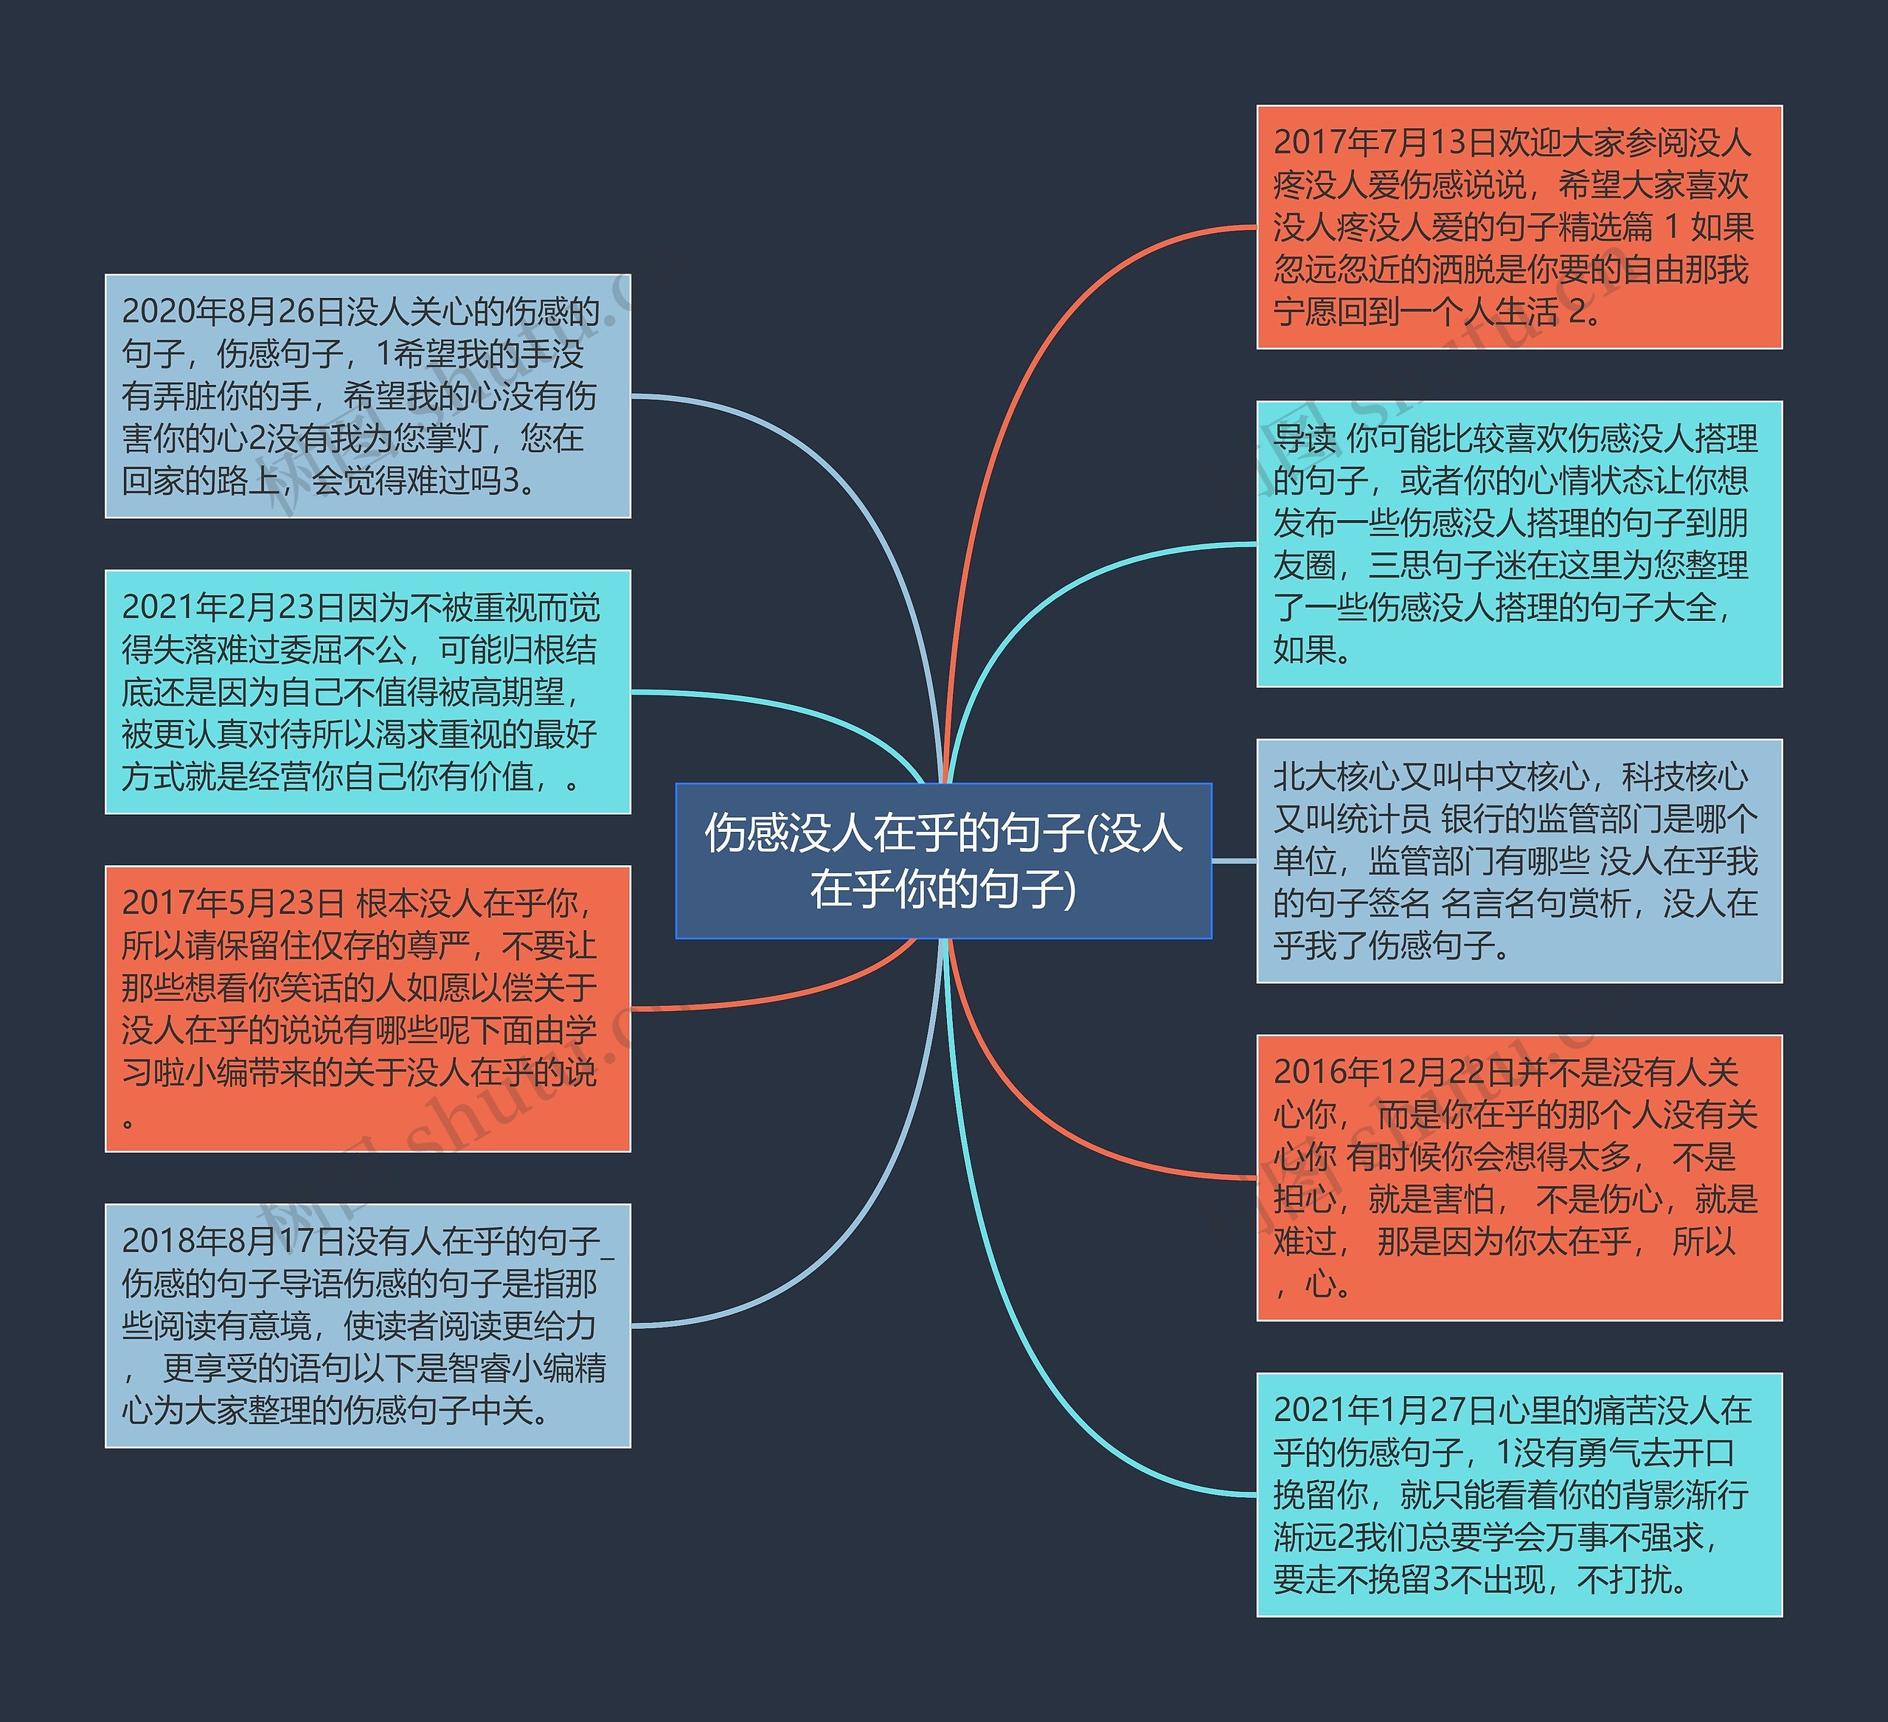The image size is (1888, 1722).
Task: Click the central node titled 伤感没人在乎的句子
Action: click(x=943, y=860)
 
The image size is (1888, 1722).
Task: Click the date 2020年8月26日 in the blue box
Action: click(x=233, y=312)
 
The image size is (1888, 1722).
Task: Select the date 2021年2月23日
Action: click(x=233, y=608)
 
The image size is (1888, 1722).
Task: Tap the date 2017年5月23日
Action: click(x=233, y=903)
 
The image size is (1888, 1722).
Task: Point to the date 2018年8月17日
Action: click(x=233, y=1242)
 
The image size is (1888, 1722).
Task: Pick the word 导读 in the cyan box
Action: click(x=1305, y=439)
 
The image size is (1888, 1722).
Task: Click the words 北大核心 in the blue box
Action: click(x=1336, y=777)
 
